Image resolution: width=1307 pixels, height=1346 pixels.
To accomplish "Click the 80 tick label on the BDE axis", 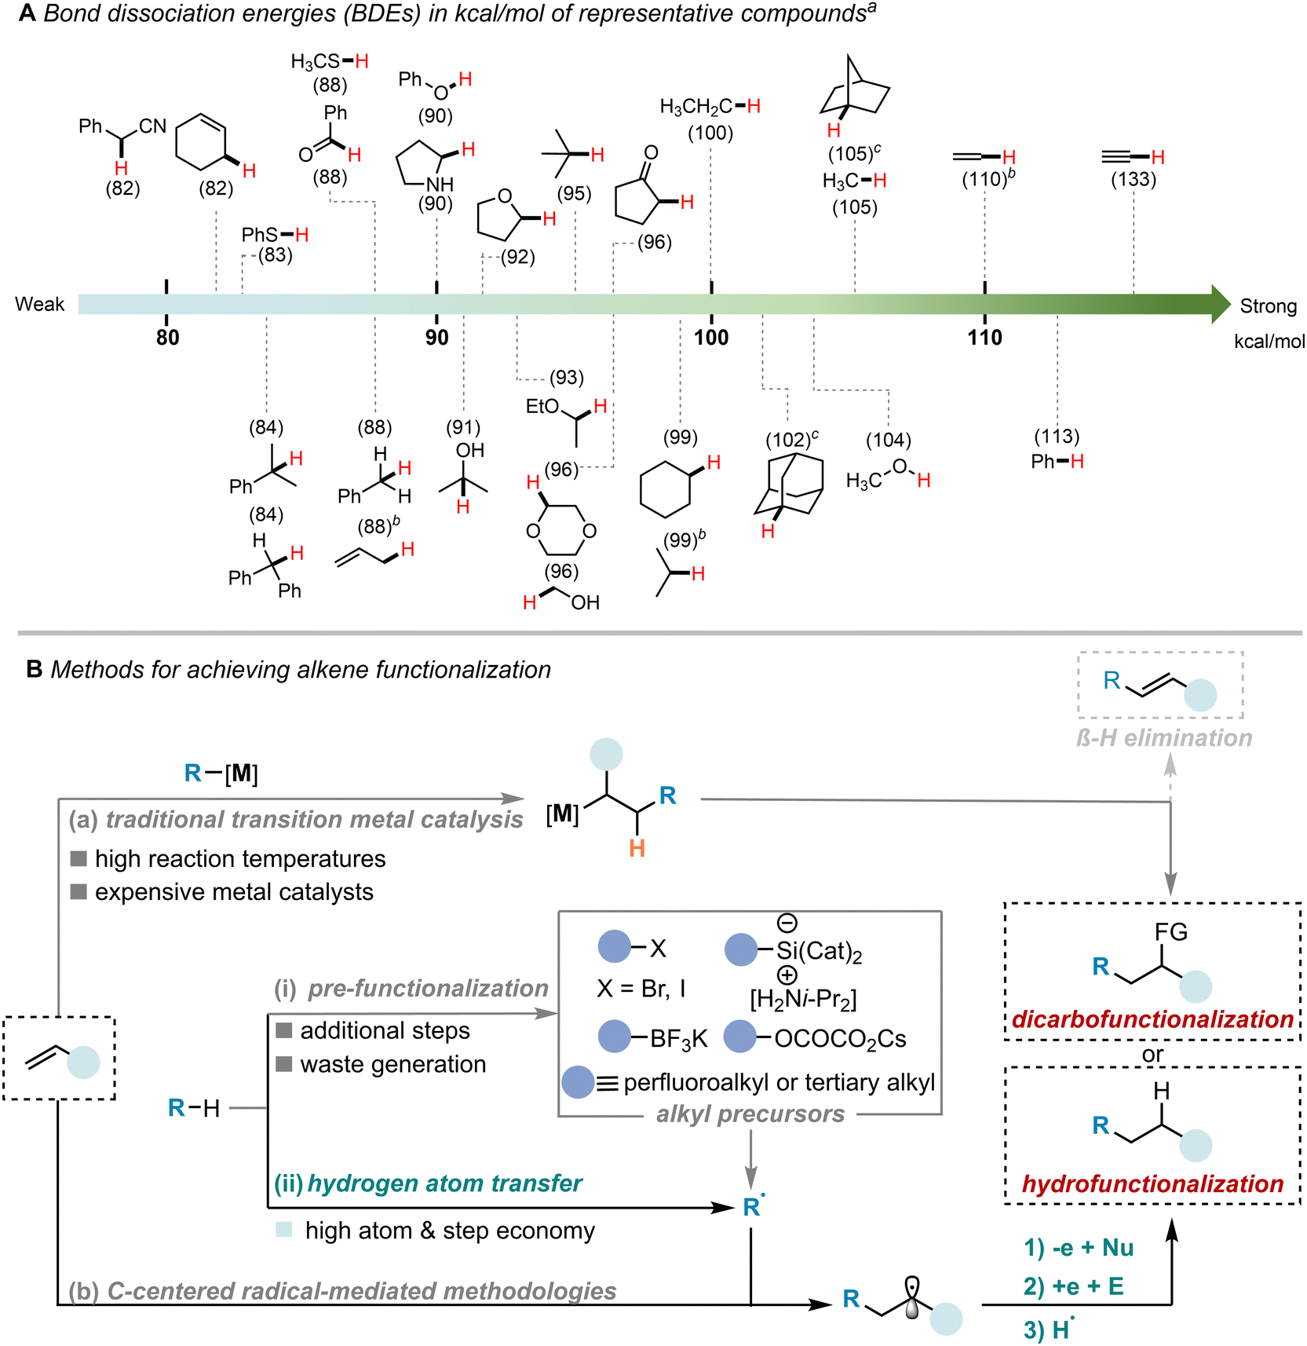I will click(x=167, y=338).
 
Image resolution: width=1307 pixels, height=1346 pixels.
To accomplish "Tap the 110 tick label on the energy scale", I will click(x=984, y=338).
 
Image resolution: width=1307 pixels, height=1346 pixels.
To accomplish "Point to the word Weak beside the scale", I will click(x=39, y=305).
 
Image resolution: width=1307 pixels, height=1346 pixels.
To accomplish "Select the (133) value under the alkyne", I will click(x=1133, y=180).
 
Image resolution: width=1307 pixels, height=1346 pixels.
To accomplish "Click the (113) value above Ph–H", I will click(x=1057, y=437).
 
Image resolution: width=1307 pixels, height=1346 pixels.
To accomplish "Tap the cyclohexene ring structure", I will click(x=202, y=141).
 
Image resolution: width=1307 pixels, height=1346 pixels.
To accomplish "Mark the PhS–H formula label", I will click(x=275, y=235).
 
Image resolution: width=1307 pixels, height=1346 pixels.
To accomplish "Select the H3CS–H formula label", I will click(x=329, y=62).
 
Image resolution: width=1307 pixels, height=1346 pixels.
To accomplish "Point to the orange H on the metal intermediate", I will click(x=637, y=849).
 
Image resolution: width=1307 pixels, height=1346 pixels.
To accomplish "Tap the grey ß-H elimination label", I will click(x=1164, y=738).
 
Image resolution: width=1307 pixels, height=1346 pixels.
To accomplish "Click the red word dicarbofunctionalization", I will click(x=1152, y=1019).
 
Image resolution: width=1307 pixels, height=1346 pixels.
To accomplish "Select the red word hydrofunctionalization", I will click(x=1152, y=1183).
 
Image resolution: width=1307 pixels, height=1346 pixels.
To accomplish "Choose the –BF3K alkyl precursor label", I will click(x=678, y=1039).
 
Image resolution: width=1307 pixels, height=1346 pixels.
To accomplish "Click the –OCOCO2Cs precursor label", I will click(x=839, y=1039).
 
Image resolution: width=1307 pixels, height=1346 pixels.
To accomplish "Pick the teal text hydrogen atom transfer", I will click(x=444, y=1183).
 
